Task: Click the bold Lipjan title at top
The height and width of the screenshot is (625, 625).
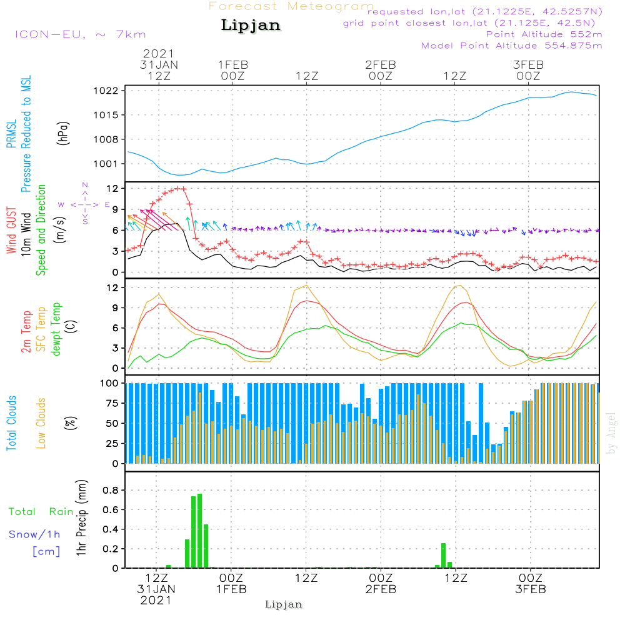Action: point(251,26)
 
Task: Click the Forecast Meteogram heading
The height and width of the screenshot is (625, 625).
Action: point(291,6)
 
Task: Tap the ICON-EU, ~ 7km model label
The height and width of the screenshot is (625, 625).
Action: point(81,34)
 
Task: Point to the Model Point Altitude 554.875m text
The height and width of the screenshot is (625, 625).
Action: point(512,46)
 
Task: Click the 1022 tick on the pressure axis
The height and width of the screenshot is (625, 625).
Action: point(106,91)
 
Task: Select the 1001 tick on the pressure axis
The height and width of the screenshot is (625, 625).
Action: point(106,164)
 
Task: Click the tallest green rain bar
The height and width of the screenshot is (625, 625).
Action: point(200,531)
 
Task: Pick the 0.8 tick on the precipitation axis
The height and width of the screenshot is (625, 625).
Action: point(111,490)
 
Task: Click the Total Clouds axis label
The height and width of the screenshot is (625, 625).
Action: point(11,423)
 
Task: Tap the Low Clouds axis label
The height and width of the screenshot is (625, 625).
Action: point(41,423)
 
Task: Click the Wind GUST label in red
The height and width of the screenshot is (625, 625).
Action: point(11,230)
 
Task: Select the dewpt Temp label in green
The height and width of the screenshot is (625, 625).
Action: point(56,329)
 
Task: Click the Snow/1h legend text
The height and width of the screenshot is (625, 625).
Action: point(34,534)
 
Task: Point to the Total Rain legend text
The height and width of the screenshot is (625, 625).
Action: point(41,511)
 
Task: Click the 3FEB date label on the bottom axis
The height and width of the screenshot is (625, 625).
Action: point(531,589)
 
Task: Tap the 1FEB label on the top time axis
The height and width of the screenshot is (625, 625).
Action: point(233,64)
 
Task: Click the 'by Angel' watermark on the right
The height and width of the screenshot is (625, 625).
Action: point(611,433)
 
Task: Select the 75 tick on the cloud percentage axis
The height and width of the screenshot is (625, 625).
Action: point(112,403)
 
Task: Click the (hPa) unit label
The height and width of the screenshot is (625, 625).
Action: point(63,133)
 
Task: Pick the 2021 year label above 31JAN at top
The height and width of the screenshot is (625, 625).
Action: point(159,53)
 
